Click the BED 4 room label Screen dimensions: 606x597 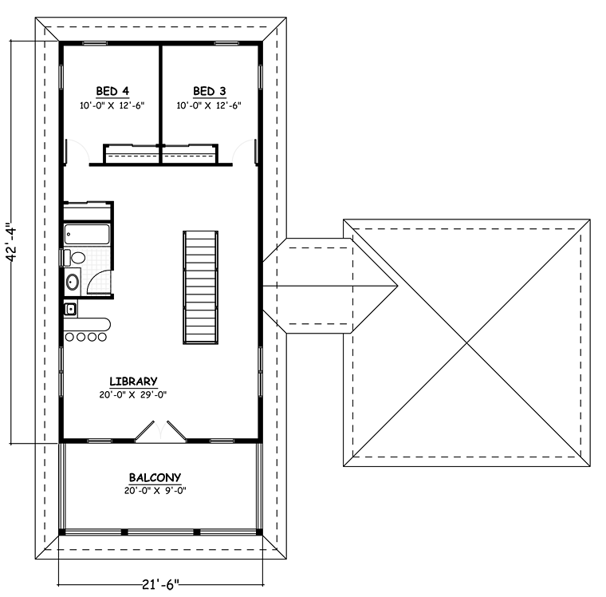point(112,91)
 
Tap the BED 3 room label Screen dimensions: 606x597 point(210,91)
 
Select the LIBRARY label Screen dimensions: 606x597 point(133,382)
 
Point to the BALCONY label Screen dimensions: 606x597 point(155,478)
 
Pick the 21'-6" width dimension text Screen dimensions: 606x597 point(161,584)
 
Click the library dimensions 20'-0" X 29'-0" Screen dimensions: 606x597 point(133,395)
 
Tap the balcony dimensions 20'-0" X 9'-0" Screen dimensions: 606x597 point(155,491)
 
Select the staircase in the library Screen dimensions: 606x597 point(201,287)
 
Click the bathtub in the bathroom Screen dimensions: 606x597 point(87,234)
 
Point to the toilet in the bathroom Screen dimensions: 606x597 point(74,258)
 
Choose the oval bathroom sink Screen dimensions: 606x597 point(73,282)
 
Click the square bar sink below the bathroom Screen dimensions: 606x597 point(70,309)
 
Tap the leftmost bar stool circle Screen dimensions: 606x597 point(69,338)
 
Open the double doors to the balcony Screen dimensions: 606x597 point(160,431)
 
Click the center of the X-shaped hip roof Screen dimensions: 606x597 point(467,343)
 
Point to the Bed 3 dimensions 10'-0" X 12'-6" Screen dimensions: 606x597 point(209,105)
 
